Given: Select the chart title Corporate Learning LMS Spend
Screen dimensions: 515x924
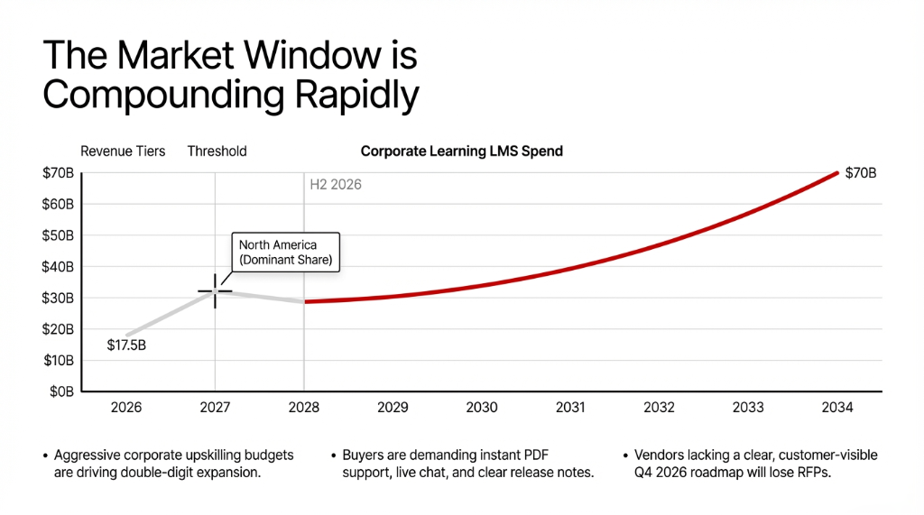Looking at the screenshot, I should click(x=461, y=152).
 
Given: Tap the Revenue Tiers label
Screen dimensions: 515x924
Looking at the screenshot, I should click(x=123, y=152).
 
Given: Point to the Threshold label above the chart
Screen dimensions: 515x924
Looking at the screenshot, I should click(x=217, y=152).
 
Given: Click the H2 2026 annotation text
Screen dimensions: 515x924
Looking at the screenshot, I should click(x=336, y=185).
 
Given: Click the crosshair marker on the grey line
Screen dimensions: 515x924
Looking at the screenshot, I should click(x=215, y=291).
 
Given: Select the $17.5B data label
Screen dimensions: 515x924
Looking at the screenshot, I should click(x=126, y=345).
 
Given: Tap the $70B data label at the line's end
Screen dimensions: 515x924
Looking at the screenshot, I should click(x=860, y=173).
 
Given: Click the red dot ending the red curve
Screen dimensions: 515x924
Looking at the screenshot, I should click(x=837, y=172).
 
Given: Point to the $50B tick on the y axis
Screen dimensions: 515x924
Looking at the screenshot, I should click(x=58, y=235).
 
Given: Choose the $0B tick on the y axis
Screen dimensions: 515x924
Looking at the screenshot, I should click(x=61, y=391).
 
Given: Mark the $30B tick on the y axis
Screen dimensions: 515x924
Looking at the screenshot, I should click(x=58, y=298).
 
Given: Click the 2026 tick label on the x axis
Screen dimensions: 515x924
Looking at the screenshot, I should click(x=126, y=408).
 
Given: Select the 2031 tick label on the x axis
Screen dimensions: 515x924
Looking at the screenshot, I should click(x=570, y=408).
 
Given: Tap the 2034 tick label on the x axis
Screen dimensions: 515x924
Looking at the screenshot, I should click(x=837, y=408).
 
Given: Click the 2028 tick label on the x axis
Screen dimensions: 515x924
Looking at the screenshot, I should click(x=304, y=408).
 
